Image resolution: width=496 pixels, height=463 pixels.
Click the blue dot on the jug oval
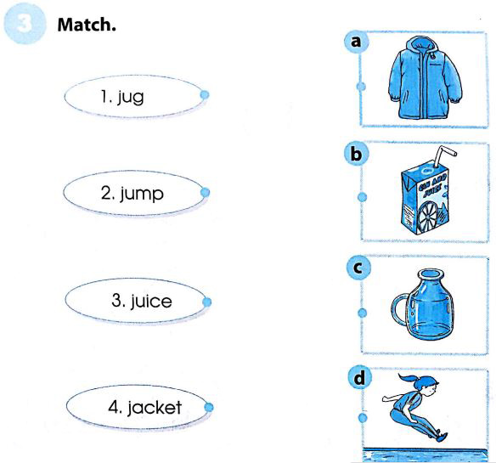[204, 95]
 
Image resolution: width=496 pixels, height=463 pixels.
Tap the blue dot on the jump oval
[204, 193]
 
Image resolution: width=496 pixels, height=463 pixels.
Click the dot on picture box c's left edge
[362, 313]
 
